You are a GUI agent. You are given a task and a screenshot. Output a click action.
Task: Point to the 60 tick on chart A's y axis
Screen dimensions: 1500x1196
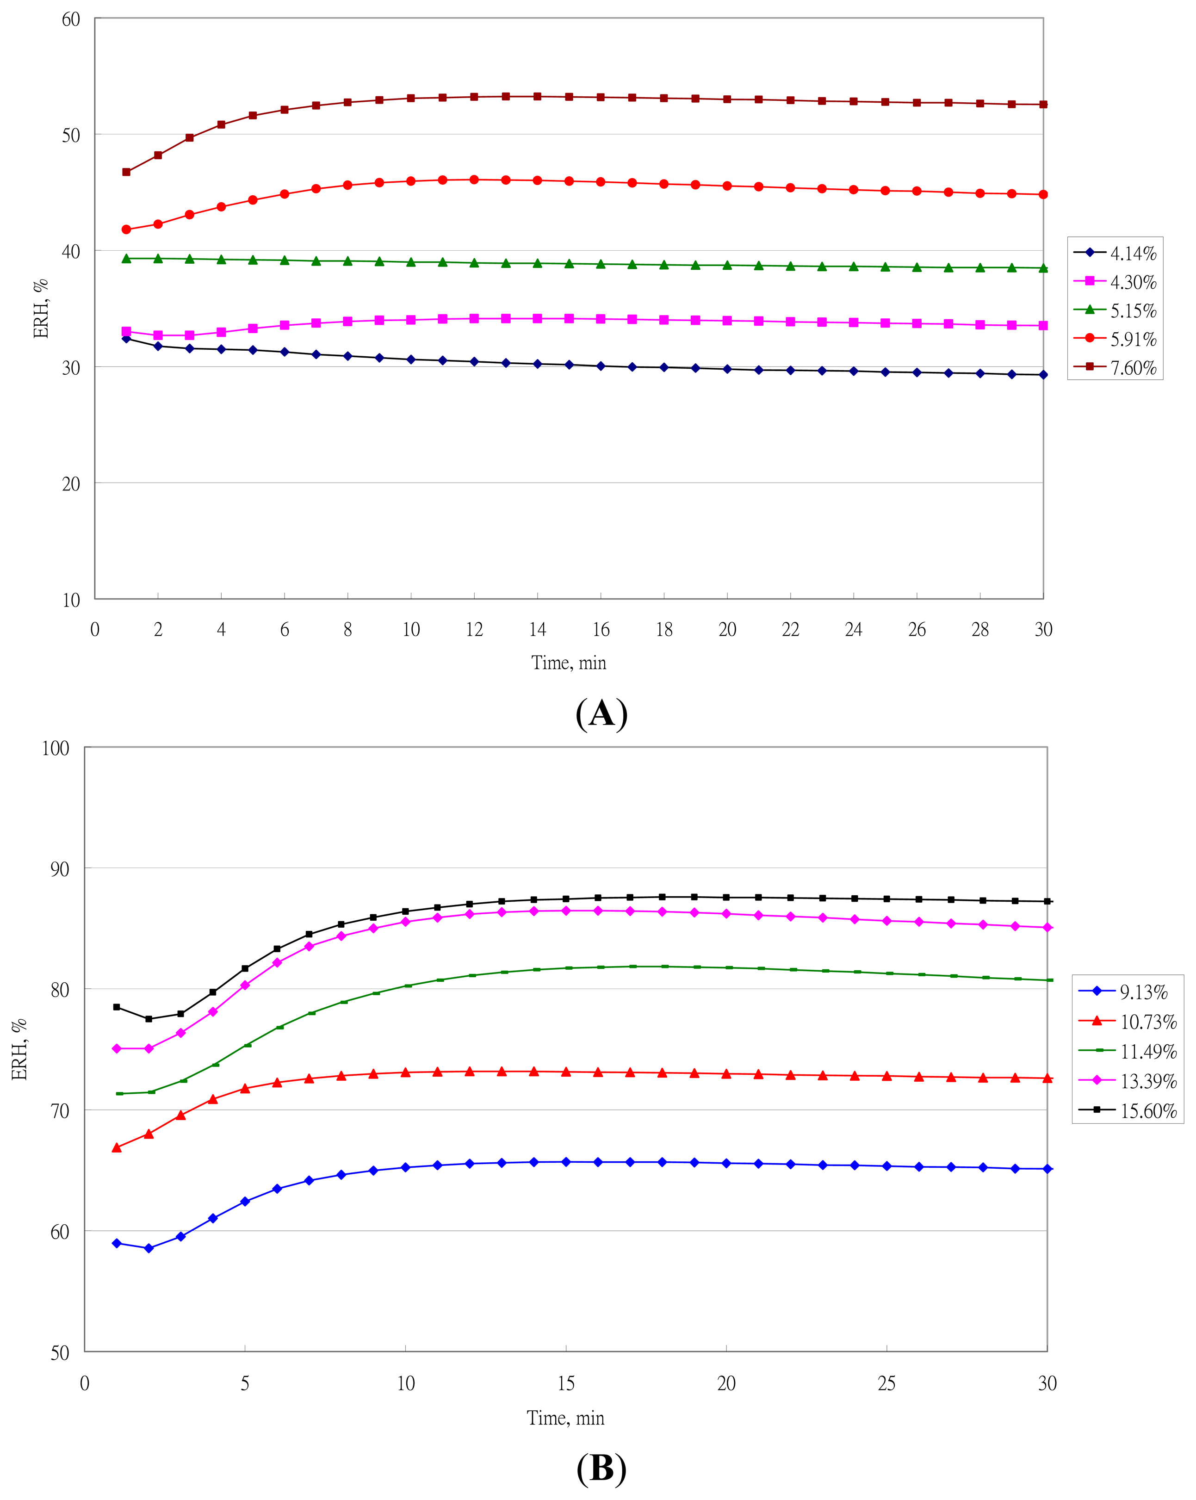click(x=71, y=19)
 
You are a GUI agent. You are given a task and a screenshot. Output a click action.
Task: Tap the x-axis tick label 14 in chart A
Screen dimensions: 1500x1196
click(x=537, y=630)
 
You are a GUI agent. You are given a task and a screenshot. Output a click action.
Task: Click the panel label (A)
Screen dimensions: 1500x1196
click(x=601, y=714)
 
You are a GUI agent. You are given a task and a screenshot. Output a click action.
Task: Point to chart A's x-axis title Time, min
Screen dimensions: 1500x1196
click(x=569, y=663)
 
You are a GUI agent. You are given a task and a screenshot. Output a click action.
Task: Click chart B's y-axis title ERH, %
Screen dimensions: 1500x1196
click(x=19, y=1049)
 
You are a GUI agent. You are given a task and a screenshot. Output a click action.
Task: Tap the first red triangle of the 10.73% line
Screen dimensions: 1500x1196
click(x=117, y=1147)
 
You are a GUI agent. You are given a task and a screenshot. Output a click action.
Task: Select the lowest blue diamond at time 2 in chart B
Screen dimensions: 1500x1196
click(x=148, y=1248)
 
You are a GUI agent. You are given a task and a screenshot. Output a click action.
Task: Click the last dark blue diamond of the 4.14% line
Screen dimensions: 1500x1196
click(x=1043, y=374)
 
